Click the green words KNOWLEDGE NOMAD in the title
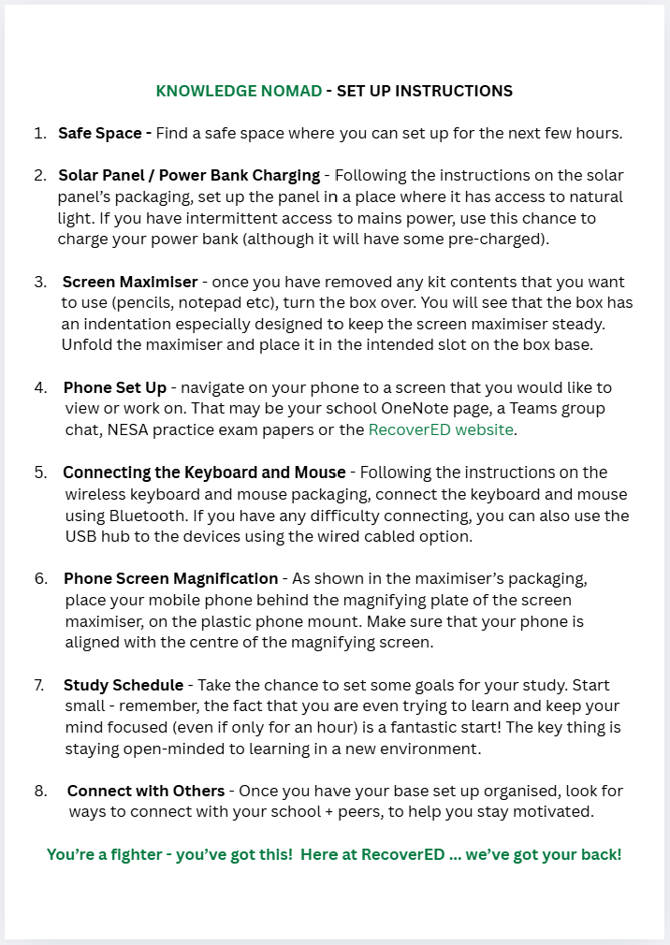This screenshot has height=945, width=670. tap(239, 91)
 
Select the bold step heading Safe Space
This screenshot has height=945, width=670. tap(105, 133)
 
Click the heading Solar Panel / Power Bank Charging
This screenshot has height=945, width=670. tap(189, 176)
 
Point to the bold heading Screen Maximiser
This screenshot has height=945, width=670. tap(130, 282)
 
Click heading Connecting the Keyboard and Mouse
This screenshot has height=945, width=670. tap(204, 472)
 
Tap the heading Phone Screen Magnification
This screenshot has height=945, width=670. tap(170, 578)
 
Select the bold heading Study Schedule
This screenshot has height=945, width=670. tap(124, 685)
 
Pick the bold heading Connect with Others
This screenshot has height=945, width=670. tap(146, 791)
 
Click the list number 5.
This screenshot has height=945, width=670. tap(40, 472)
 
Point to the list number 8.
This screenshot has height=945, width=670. tap(40, 791)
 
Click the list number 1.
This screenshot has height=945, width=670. tap(40, 133)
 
